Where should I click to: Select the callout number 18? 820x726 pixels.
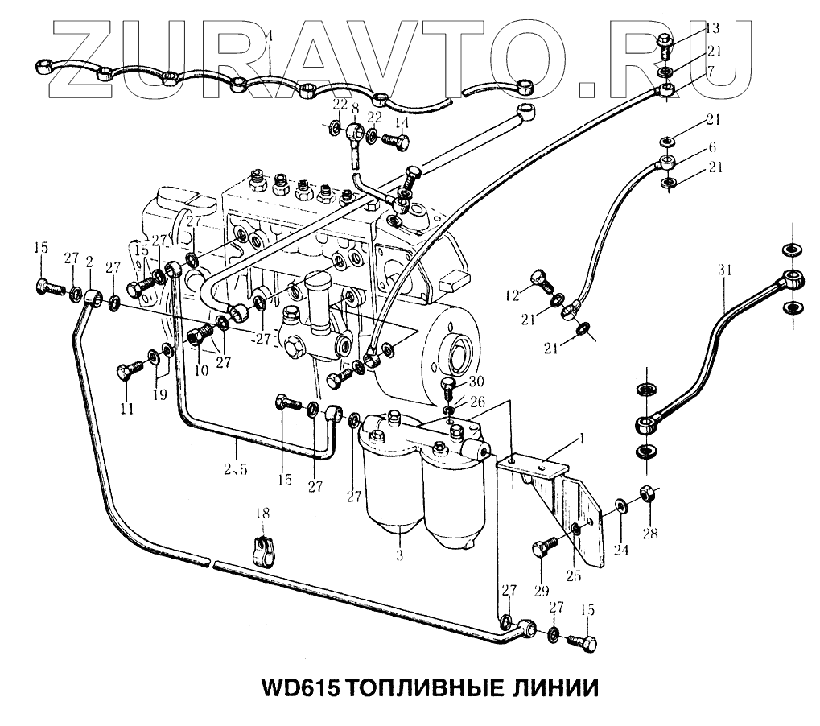[262, 513]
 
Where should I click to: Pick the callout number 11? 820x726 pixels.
[126, 408]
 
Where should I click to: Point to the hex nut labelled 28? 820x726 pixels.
[646, 492]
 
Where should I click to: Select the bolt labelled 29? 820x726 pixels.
[544, 550]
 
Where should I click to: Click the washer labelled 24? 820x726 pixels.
[621, 506]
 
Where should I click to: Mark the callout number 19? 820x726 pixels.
[160, 395]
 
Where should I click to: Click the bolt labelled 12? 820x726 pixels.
[540, 280]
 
